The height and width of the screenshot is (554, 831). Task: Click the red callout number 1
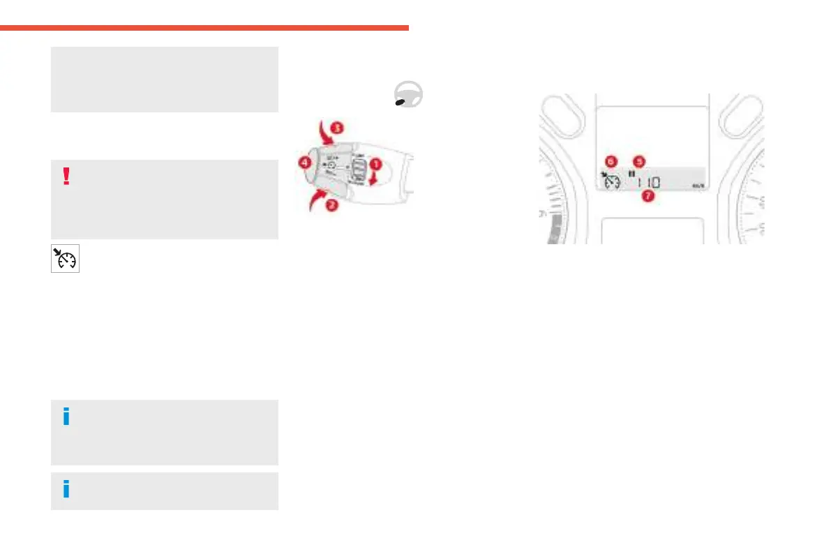click(374, 165)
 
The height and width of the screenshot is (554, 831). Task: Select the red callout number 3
click(337, 128)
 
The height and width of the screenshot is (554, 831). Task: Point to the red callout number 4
click(304, 163)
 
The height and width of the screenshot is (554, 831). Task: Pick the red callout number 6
click(611, 160)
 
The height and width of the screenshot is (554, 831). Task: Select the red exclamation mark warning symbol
click(66, 177)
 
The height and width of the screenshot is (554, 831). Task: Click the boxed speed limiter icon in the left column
click(65, 258)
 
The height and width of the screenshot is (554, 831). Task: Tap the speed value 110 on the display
click(648, 182)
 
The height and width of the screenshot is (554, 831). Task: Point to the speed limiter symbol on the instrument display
click(611, 180)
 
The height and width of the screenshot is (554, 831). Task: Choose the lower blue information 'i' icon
click(66, 490)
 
